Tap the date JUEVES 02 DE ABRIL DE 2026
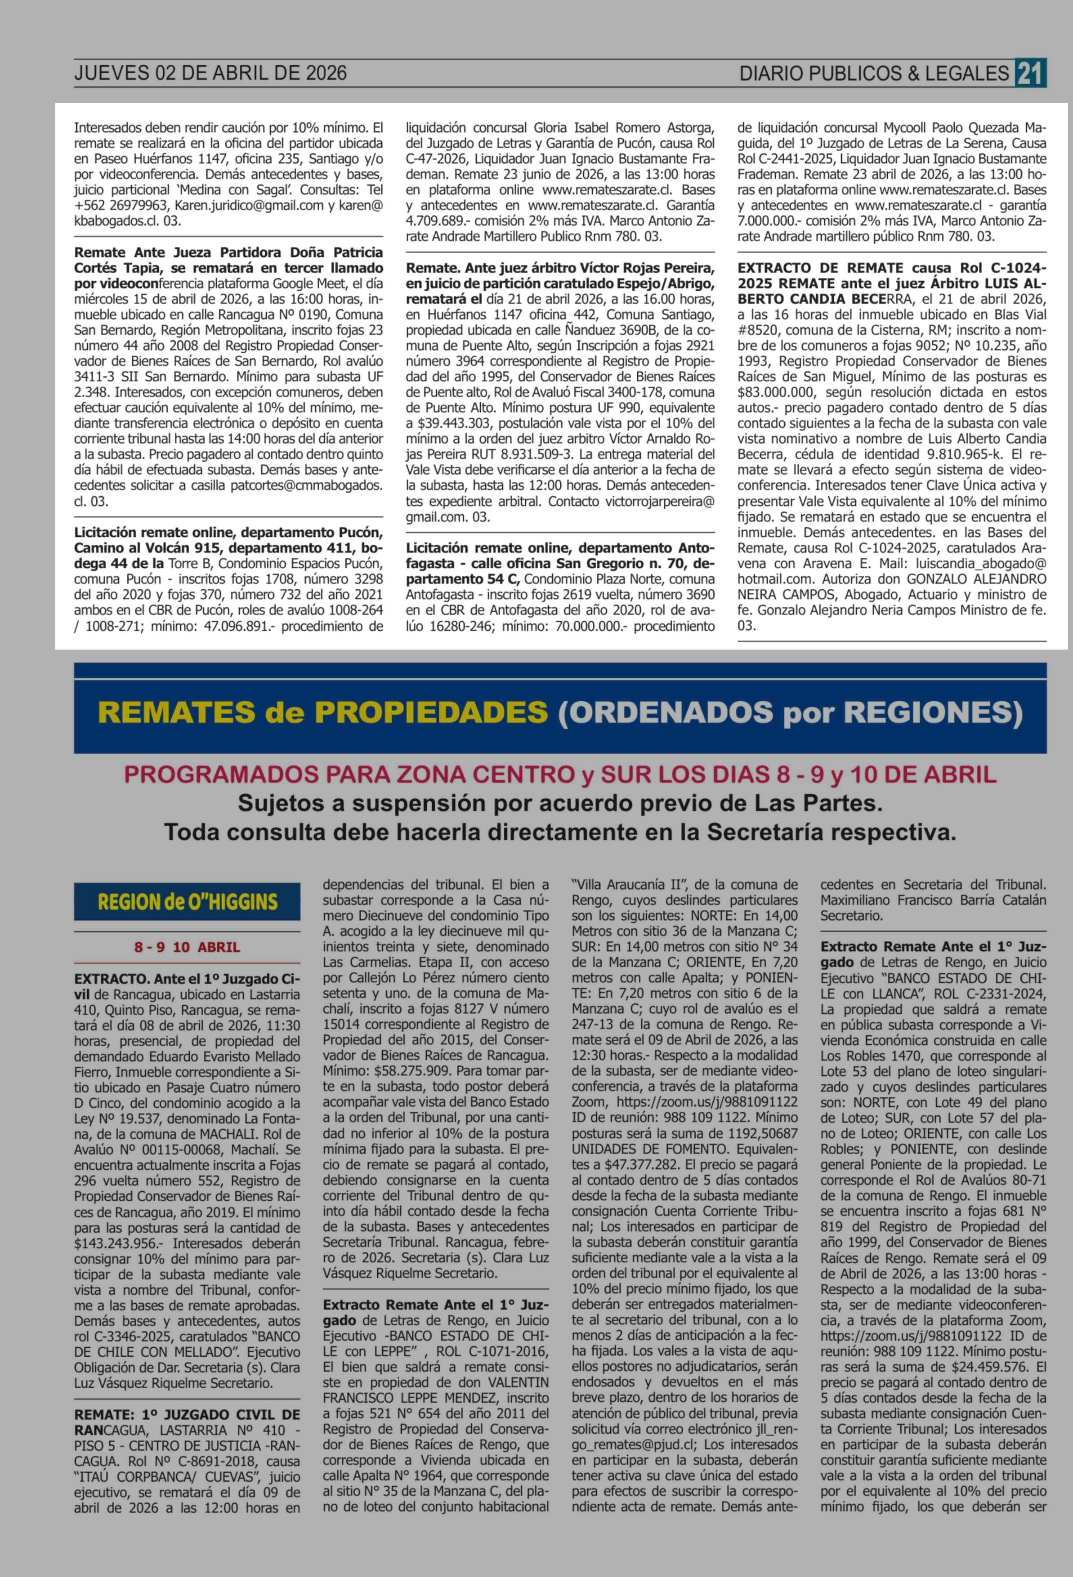[x=210, y=73]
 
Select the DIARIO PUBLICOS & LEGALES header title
[x=874, y=73]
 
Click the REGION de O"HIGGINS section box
[x=188, y=901]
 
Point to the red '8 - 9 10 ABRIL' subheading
[x=188, y=947]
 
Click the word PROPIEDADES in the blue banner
[x=432, y=712]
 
